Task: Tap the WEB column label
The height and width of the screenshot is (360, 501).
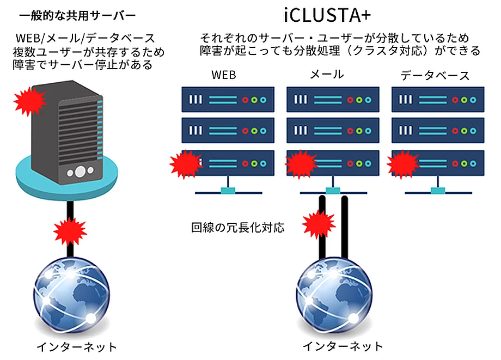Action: click(224, 75)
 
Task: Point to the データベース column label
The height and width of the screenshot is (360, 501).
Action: click(435, 75)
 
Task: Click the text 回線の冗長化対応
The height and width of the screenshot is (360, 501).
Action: click(238, 227)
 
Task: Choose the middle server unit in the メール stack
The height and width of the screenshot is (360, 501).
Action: click(332, 131)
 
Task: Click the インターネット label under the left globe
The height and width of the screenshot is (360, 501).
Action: click(77, 346)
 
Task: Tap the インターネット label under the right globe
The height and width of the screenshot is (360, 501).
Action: click(343, 346)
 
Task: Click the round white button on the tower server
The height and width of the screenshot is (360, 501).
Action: click(80, 172)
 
